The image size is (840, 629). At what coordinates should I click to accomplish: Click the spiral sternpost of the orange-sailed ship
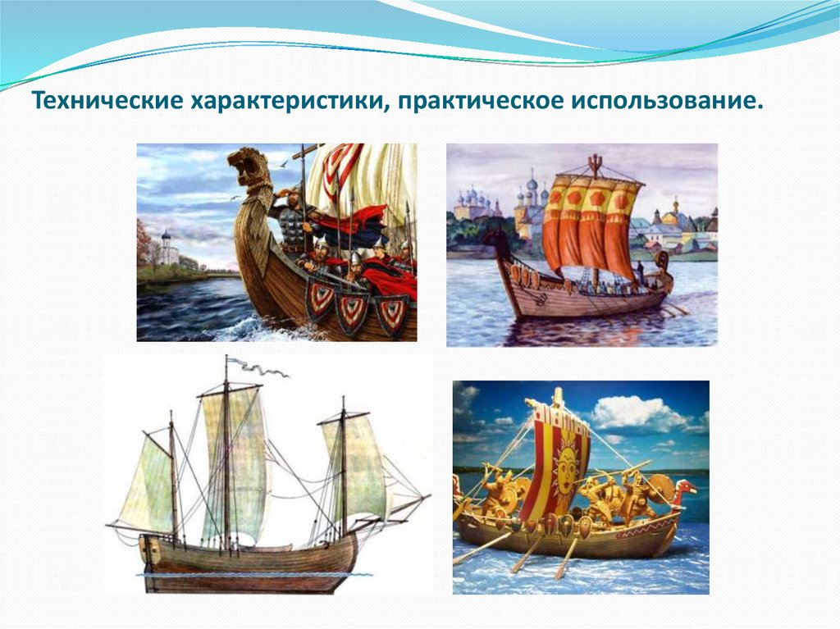(x=497, y=239)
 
